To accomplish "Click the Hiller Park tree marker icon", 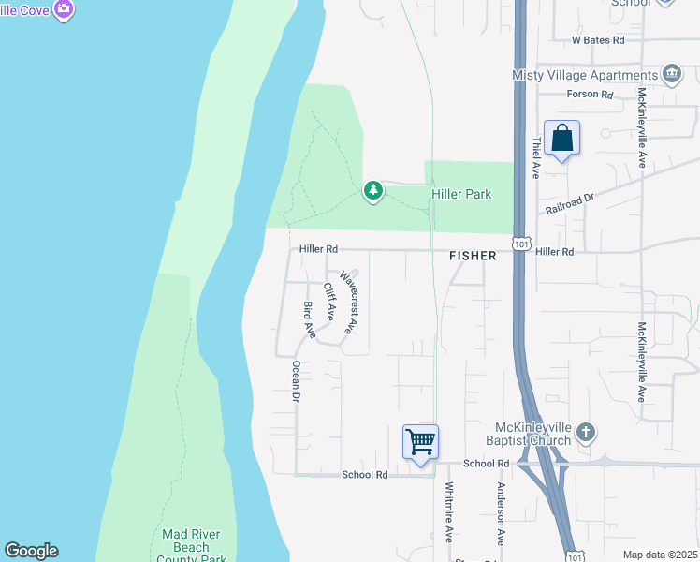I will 373,191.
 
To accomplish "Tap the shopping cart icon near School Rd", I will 420,440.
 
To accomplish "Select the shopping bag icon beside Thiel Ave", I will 561,138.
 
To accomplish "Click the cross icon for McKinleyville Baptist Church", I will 586,433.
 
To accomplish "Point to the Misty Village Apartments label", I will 585,75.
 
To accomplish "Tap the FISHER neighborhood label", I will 473,255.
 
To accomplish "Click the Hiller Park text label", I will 461,194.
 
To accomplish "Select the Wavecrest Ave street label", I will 349,303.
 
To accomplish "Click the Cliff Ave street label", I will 328,302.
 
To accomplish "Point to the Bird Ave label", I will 309,319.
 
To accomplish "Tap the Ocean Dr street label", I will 295,382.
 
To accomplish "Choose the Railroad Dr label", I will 571,204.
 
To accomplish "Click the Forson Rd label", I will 590,95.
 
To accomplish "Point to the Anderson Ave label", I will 502,513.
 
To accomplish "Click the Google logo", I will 31,551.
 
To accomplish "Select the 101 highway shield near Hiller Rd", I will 523,244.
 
